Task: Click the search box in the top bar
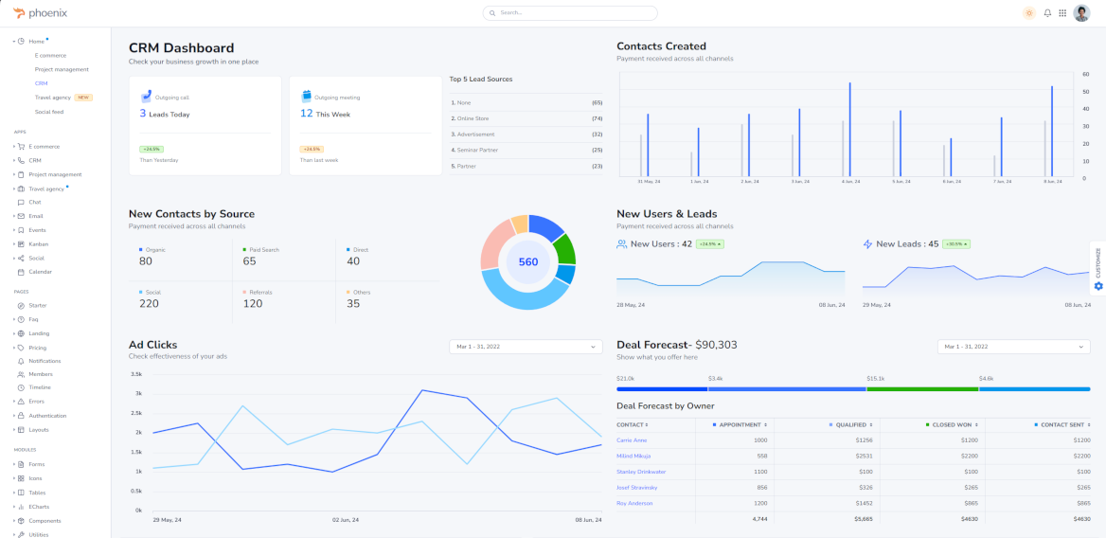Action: pos(570,13)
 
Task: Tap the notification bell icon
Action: pos(1047,13)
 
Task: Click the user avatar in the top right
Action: pos(1081,13)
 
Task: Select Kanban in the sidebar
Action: pos(39,243)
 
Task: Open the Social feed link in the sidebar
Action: pos(49,112)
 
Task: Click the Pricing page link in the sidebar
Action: pos(38,348)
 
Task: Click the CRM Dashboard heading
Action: pos(182,48)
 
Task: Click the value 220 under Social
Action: pos(149,304)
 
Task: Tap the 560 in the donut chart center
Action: pos(528,262)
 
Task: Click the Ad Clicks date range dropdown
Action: pos(526,347)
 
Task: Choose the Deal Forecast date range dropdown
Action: pos(1013,347)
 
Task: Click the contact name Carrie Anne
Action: pos(632,440)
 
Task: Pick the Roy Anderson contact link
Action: pos(634,503)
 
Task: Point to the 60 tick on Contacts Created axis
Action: pos(1085,73)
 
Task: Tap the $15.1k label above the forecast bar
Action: pos(876,378)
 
